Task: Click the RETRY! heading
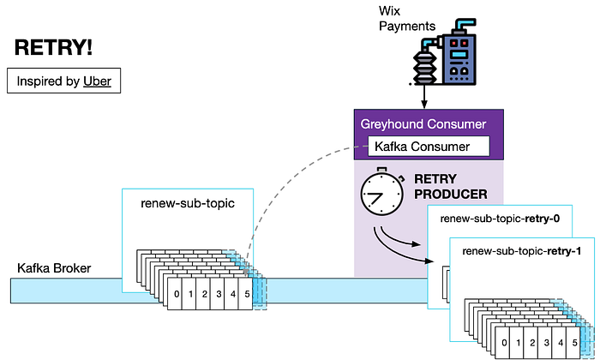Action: click(x=53, y=48)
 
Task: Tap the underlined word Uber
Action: click(x=97, y=81)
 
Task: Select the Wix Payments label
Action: click(x=407, y=18)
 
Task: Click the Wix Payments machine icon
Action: click(x=445, y=52)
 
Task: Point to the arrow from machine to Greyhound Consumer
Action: click(x=423, y=97)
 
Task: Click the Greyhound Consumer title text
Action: click(x=423, y=124)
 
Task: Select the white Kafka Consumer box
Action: click(x=429, y=146)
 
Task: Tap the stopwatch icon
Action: click(x=382, y=191)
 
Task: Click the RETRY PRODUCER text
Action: click(x=451, y=187)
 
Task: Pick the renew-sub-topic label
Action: click(x=188, y=203)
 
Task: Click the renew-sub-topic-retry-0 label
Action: click(x=500, y=219)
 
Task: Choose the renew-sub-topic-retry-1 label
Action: click(x=521, y=251)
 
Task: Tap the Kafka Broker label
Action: click(x=54, y=268)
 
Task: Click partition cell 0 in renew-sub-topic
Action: click(x=175, y=294)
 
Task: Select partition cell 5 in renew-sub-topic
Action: click(x=246, y=294)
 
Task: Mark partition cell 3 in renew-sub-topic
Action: click(x=218, y=294)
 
